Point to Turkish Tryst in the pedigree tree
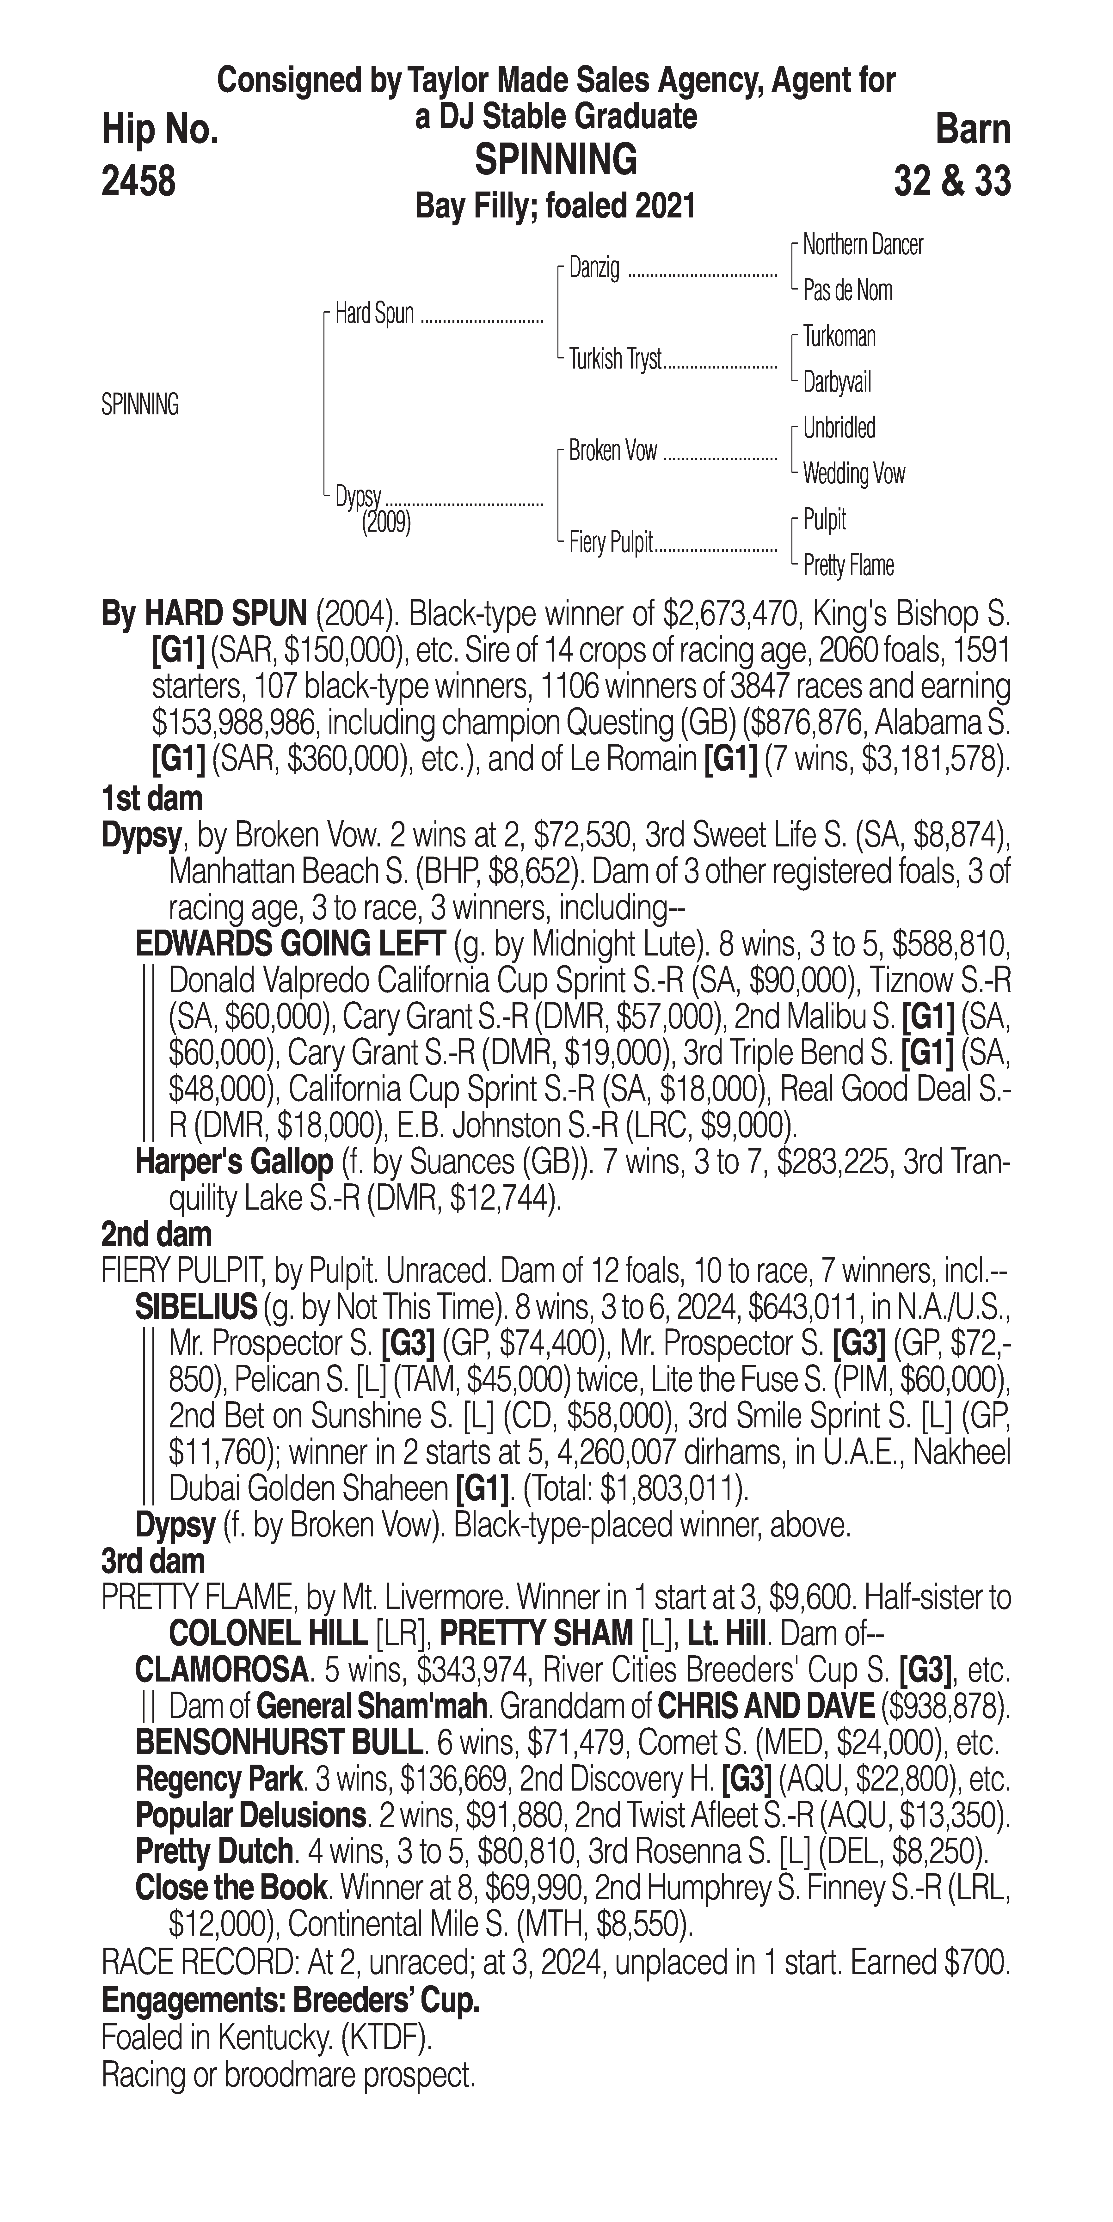coord(614,359)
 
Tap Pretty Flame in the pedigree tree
coord(847,566)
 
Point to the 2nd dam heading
coord(155,1234)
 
